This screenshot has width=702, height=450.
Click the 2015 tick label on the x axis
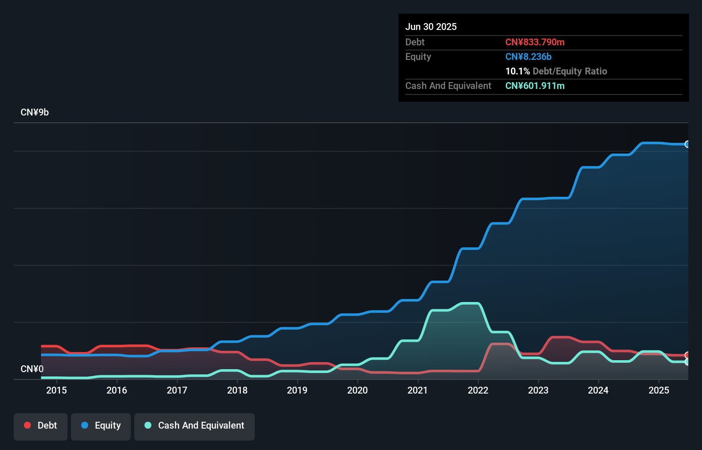56,390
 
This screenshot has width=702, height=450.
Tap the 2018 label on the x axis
237,390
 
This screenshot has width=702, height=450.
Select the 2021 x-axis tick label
418,390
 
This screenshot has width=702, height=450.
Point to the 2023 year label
538,390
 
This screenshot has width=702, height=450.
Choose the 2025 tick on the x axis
659,390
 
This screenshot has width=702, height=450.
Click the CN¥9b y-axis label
35,112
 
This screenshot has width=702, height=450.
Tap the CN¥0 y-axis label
32,369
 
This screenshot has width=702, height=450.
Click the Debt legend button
41,426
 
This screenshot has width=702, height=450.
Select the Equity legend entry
101,426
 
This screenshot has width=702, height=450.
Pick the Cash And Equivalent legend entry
195,426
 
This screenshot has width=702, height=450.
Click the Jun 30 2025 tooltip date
431,27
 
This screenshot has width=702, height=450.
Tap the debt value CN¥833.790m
535,42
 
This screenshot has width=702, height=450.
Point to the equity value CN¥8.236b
528,56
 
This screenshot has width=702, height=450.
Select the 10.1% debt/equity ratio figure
517,71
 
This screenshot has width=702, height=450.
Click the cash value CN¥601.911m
535,86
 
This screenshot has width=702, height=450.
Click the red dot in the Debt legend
27,425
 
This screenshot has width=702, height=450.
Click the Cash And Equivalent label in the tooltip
448,86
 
